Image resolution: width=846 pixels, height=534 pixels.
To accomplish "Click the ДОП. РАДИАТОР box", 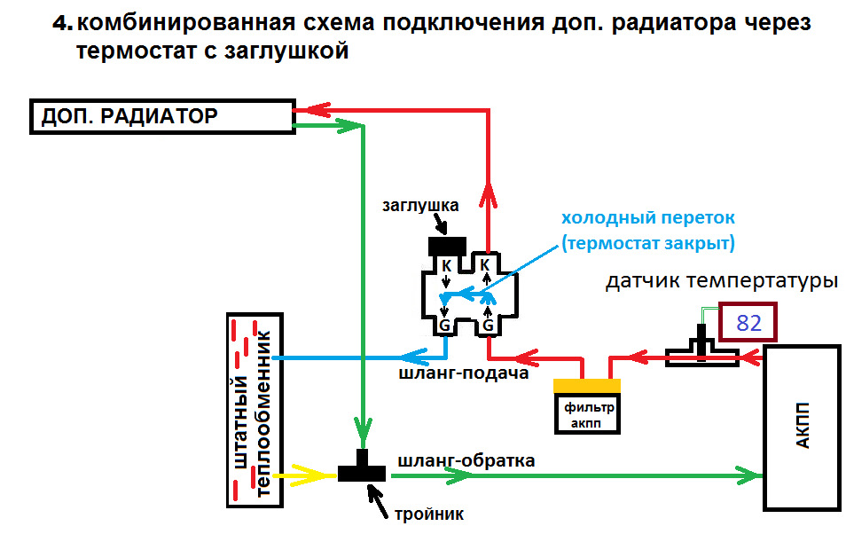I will tap(162, 116).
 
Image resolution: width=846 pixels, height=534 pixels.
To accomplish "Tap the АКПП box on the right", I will tap(803, 428).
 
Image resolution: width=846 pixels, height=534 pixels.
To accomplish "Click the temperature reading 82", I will tap(749, 322).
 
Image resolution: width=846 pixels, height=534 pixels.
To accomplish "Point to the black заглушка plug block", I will tap(447, 245).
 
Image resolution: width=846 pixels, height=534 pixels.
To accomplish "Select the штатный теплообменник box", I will tap(255, 410).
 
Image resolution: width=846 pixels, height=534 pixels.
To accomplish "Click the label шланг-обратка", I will tap(466, 460).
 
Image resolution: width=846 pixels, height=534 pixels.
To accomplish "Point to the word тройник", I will tap(429, 513).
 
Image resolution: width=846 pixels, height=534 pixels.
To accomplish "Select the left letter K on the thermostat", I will tap(446, 265).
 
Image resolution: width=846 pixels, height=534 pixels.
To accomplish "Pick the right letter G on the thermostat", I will tap(486, 326).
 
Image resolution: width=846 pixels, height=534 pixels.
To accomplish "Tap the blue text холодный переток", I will tap(648, 218).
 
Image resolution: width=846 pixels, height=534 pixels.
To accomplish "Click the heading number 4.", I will tap(62, 24).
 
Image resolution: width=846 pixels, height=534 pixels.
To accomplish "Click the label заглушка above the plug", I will tap(420, 206).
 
